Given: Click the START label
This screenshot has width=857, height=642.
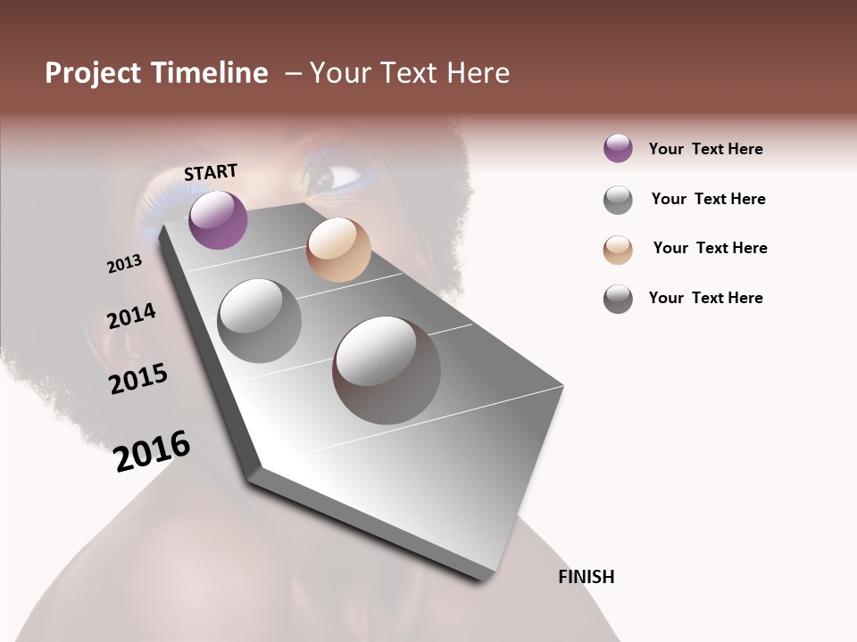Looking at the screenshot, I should tap(211, 172).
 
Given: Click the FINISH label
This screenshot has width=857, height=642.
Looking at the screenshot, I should tap(586, 577).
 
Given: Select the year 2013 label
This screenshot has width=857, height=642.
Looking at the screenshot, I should tap(124, 264).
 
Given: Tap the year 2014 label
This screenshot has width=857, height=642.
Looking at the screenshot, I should tap(131, 317).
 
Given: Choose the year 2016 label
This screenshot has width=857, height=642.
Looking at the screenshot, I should tap(152, 450).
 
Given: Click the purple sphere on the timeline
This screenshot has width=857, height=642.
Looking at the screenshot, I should tap(218, 219).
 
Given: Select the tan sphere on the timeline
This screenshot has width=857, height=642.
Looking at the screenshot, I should tap(338, 250).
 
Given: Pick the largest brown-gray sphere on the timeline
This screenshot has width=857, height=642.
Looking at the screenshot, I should tap(387, 370).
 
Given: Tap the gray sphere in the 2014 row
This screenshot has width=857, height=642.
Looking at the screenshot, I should tap(259, 321).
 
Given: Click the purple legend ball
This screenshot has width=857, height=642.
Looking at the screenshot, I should tap(618, 149).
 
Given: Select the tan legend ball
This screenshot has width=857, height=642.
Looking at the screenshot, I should tap(618, 250).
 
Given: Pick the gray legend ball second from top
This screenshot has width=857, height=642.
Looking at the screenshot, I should tap(618, 200).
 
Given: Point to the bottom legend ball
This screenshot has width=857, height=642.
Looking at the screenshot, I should tap(618, 299).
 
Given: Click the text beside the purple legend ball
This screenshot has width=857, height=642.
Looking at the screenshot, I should tap(705, 149).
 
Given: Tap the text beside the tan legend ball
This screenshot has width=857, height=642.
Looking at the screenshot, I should tap(710, 248).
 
